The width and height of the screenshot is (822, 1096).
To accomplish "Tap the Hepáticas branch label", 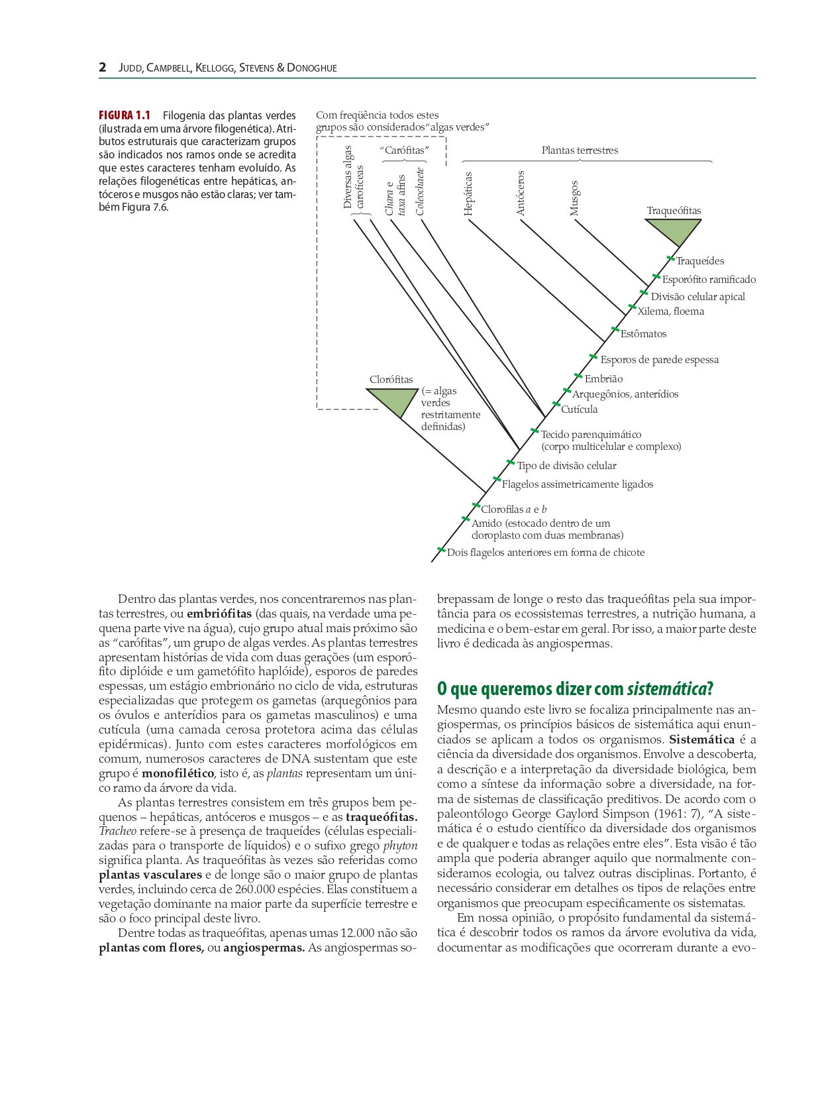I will [468, 194].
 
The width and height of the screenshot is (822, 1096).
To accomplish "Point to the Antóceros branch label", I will [521, 193].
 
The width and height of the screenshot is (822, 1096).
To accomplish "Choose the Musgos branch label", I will [574, 198].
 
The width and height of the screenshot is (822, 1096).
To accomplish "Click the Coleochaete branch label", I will [420, 191].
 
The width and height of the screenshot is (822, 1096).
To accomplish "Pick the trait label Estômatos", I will [643, 334].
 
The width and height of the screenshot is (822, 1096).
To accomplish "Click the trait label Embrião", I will [603, 379].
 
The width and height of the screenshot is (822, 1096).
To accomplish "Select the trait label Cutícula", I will [579, 410].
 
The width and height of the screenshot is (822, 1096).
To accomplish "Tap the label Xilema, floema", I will [670, 311].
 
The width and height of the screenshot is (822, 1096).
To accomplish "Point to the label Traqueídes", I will [699, 261].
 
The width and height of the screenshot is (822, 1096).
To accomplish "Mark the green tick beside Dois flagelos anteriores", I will [441, 549].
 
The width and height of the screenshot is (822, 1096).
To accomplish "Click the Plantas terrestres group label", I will [580, 150].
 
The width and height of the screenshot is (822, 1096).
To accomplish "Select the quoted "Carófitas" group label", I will [404, 150].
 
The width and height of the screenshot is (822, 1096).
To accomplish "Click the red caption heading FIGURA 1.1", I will [125, 115].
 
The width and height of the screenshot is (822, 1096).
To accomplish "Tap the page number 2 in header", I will [103, 68].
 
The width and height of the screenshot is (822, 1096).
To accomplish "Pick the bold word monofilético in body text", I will [178, 773].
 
